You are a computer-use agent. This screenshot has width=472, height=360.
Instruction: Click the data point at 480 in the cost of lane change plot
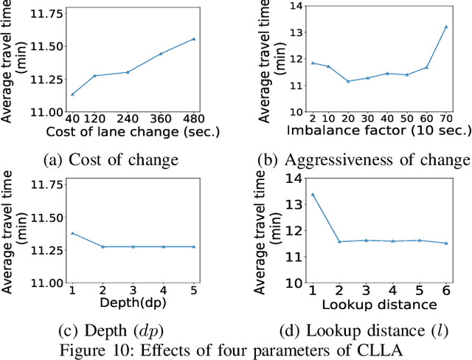point(194,39)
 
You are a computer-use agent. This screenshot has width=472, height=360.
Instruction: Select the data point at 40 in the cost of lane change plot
point(72,94)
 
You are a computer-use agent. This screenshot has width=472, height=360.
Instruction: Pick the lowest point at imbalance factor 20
point(347,81)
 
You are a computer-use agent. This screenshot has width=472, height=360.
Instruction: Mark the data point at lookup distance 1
point(313,194)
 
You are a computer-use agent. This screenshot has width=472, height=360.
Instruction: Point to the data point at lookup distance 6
point(446,243)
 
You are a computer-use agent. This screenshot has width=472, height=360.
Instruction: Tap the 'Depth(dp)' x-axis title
point(133,303)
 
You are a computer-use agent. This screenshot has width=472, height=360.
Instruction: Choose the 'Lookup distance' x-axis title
point(379,303)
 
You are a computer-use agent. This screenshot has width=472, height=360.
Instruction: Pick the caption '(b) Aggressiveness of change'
point(363,160)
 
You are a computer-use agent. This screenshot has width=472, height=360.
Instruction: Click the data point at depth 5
point(194,246)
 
